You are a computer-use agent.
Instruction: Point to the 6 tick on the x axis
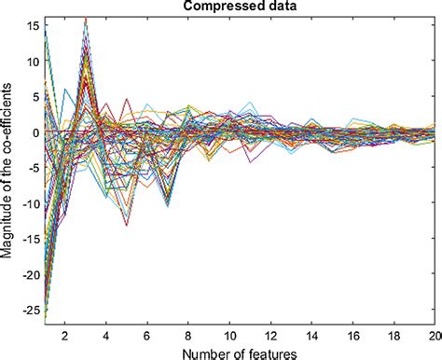click(146, 333)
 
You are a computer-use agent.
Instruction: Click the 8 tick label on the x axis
click(189, 333)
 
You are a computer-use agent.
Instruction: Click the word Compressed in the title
click(214, 7)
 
